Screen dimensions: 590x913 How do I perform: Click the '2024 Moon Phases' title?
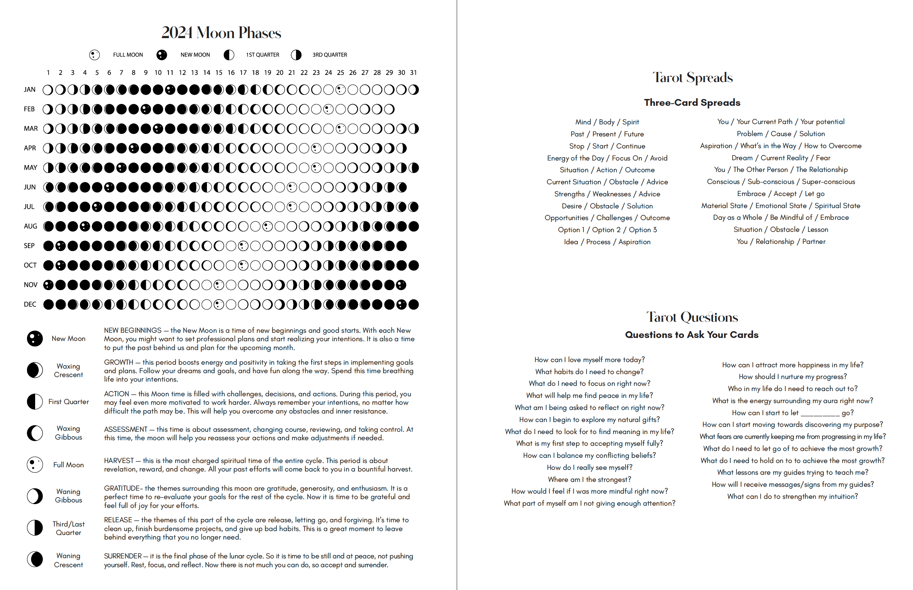point(221,33)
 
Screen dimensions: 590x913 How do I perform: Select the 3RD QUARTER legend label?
point(330,55)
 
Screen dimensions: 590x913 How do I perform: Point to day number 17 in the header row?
point(243,72)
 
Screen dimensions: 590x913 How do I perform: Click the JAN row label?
point(30,90)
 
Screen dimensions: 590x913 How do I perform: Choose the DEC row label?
point(30,304)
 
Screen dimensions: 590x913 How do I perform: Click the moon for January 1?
point(48,90)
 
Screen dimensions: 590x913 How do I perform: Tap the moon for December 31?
point(414,304)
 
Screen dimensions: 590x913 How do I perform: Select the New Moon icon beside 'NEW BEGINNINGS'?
point(35,339)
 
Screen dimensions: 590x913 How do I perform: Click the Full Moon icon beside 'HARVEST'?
point(35,465)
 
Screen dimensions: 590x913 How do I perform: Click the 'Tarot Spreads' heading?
point(692,77)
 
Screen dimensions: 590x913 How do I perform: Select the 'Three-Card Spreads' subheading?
point(692,103)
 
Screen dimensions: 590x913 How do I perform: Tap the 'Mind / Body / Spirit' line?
point(607,122)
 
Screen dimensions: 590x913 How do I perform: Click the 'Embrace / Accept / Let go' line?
point(781,193)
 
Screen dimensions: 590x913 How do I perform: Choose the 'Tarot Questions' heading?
point(692,317)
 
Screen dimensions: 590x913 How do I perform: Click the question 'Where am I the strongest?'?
point(590,479)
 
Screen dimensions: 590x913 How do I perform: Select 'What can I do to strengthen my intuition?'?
point(792,497)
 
